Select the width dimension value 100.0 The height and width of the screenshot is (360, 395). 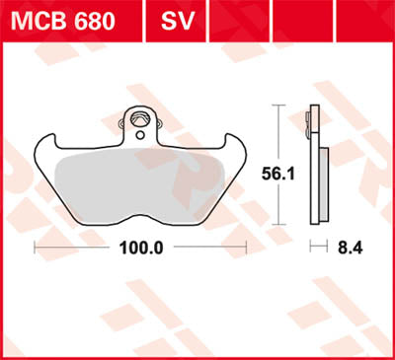(x=143, y=247)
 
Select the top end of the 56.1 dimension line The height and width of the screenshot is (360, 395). (x=281, y=106)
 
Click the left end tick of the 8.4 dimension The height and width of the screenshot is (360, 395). (x=311, y=247)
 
